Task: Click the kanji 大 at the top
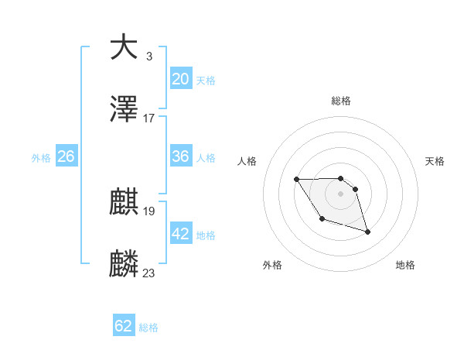click(x=125, y=46)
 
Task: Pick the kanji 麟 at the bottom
click(x=125, y=264)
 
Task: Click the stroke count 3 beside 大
click(x=148, y=56)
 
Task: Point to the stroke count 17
click(x=149, y=118)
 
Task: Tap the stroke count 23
click(x=149, y=273)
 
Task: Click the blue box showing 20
click(x=181, y=79)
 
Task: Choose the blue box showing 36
click(x=181, y=156)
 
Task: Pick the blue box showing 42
click(x=181, y=234)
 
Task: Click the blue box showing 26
click(x=66, y=156)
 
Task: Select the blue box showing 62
click(x=124, y=326)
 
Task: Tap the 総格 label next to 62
click(x=149, y=328)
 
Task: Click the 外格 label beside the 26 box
click(x=41, y=158)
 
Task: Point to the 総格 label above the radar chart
click(x=340, y=101)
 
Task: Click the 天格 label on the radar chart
click(x=435, y=161)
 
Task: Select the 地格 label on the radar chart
click(x=405, y=265)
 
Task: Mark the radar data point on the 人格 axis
click(x=297, y=180)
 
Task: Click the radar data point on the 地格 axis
click(x=367, y=232)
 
